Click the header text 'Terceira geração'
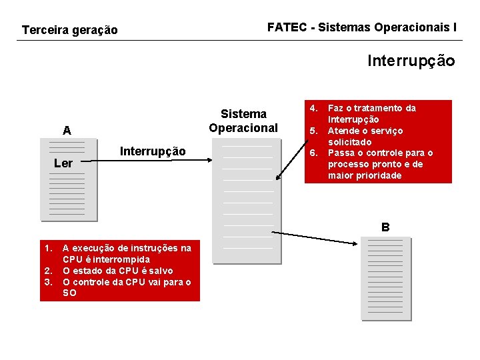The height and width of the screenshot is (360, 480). coord(70,30)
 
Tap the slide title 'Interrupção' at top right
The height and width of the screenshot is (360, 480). coord(411,61)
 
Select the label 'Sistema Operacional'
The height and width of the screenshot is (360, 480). coord(243,121)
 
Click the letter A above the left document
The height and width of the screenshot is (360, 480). coord(67,131)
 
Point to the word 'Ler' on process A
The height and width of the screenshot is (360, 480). coord(63,163)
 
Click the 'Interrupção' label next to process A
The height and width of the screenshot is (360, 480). coord(153,151)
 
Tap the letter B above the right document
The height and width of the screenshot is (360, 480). coord(385,227)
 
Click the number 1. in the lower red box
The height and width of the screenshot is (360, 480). coord(48,248)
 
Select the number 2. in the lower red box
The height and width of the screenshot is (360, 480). coord(48,271)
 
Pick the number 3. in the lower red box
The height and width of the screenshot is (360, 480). coord(48,282)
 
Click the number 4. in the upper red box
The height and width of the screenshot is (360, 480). coord(314,107)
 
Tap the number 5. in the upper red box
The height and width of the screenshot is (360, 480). coord(314,130)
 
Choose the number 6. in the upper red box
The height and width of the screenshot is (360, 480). coord(314,153)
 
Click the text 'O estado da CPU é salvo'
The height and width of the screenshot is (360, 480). coord(118,271)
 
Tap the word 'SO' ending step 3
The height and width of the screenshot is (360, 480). coord(69,293)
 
